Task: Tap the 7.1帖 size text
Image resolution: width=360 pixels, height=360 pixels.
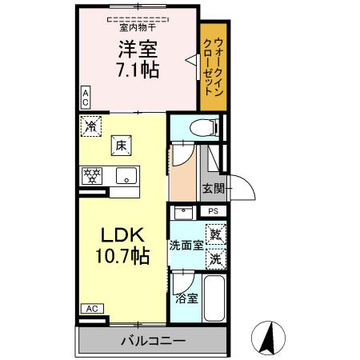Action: coord(138,70)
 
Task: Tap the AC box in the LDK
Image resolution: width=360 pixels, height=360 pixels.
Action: coord(91,308)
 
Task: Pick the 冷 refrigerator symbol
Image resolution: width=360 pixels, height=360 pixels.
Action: coord(91,125)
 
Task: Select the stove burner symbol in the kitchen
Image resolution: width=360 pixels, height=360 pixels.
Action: coord(92,175)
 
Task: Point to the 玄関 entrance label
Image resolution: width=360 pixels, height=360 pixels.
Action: coord(212,189)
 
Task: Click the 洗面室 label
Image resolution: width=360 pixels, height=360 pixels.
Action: coord(186,246)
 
